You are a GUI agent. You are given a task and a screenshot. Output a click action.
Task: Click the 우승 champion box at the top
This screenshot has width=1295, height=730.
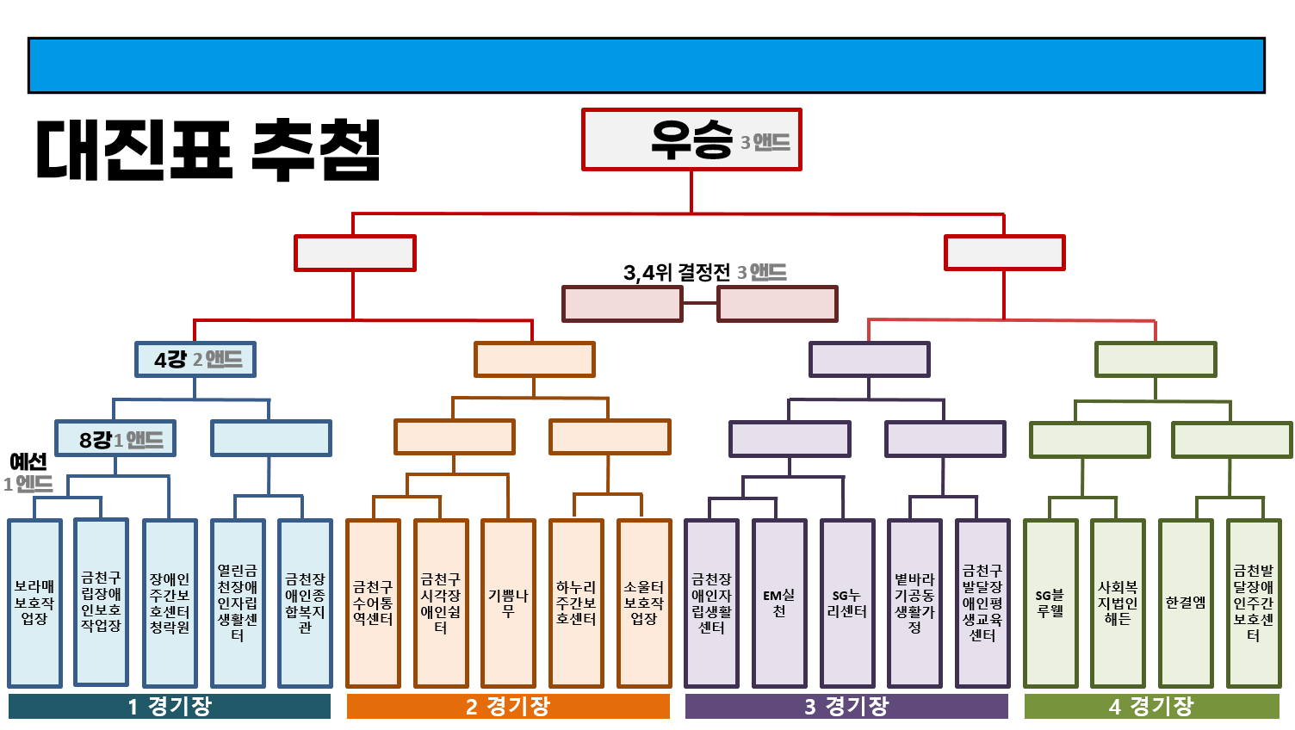[x=691, y=139]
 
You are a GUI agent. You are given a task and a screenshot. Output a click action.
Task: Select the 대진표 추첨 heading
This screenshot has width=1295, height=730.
[x=208, y=149]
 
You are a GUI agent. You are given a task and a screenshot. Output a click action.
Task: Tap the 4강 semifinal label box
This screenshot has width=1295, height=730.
[x=195, y=359]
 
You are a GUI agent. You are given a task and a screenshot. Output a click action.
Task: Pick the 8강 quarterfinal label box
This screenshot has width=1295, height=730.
[x=115, y=439]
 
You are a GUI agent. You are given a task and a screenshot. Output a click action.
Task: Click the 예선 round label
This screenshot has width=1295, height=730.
[x=28, y=462]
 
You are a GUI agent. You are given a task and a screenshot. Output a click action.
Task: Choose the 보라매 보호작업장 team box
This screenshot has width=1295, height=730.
[x=34, y=603]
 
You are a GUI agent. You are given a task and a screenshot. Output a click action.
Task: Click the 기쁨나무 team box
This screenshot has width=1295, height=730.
[x=508, y=603]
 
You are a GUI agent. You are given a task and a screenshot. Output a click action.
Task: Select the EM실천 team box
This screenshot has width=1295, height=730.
[x=779, y=603]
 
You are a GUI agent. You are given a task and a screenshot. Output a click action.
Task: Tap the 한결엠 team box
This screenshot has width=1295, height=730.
[x=1186, y=603]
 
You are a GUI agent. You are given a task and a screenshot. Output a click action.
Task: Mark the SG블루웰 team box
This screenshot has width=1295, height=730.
[x=1050, y=603]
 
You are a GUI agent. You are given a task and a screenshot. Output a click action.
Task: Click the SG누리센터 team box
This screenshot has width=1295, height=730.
[x=847, y=603]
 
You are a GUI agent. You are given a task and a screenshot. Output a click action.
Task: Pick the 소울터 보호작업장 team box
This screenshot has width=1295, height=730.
[x=644, y=603]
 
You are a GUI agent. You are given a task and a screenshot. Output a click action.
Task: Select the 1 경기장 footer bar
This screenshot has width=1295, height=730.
[x=170, y=707]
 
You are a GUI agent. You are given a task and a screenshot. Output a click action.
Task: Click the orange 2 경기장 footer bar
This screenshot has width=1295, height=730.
[x=508, y=707]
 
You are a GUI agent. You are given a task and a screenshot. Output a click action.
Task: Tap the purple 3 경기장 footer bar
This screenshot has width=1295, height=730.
[x=846, y=707]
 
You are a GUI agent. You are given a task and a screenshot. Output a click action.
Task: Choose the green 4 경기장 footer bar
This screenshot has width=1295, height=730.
[x=1151, y=707]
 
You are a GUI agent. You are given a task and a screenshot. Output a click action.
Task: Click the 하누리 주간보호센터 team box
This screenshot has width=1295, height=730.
[x=576, y=603]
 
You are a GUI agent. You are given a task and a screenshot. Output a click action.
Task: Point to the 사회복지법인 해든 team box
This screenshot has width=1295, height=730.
[x=1118, y=603]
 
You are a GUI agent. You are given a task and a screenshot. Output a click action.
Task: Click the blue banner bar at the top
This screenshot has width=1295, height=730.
[x=646, y=65]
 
